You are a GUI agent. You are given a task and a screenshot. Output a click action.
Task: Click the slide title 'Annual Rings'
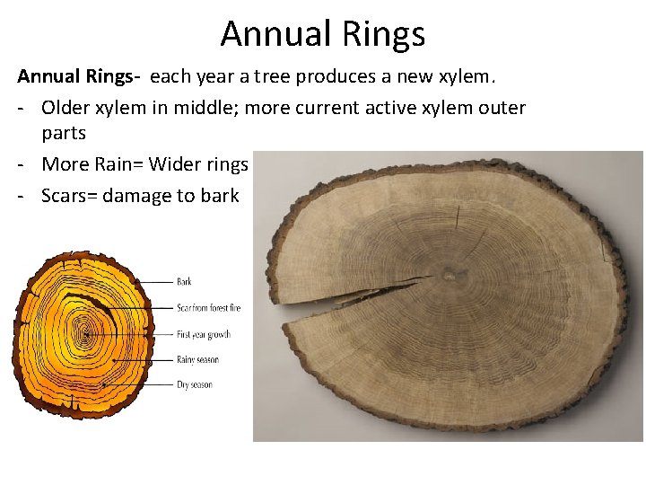pyautogui.click(x=322, y=34)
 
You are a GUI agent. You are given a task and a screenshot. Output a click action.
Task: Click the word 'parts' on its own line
pyautogui.click(x=64, y=134)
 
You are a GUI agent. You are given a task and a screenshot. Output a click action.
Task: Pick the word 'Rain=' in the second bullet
pyautogui.click(x=118, y=164)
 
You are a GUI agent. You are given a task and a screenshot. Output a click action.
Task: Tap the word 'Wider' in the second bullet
pyautogui.click(x=175, y=164)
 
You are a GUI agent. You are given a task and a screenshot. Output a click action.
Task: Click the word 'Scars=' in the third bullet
pyautogui.click(x=69, y=195)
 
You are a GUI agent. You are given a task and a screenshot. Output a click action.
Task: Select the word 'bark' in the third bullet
pyautogui.click(x=220, y=195)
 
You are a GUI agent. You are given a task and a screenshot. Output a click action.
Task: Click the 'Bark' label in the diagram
pyautogui.click(x=184, y=282)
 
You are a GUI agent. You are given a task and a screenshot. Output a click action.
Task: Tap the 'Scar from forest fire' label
pyautogui.click(x=208, y=308)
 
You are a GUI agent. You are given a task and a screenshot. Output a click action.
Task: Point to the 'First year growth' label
pyautogui.click(x=204, y=334)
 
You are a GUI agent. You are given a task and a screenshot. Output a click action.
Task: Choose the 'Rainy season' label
pyautogui.click(x=197, y=359)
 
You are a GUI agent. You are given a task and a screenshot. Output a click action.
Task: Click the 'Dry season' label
pyautogui.click(x=194, y=384)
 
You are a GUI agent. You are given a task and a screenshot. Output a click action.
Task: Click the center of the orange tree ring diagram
pyautogui.click(x=85, y=335)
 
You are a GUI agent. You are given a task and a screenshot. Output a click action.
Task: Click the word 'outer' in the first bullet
pyautogui.click(x=502, y=108)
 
